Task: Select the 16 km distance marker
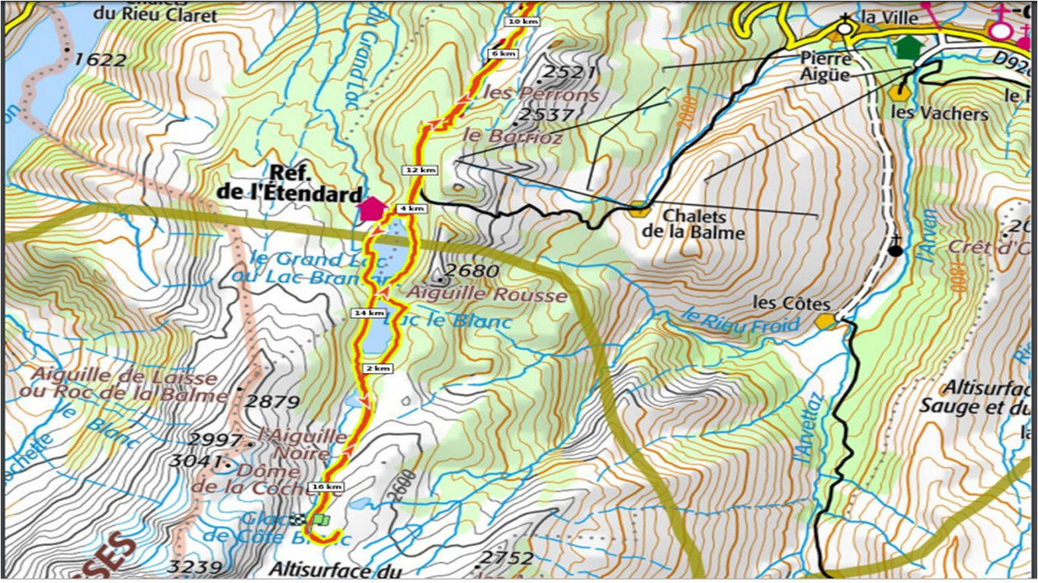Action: point(327,486)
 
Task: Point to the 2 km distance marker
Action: point(378,368)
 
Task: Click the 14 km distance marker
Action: point(368,312)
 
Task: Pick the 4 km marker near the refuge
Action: point(411,208)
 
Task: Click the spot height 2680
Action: point(472,271)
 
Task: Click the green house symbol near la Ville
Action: point(907,47)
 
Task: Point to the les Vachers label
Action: point(939,114)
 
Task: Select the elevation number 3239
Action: point(195,566)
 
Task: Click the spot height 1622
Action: point(100,59)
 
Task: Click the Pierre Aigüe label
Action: point(826,66)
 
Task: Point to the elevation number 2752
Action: point(507,558)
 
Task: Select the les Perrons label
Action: point(541,95)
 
